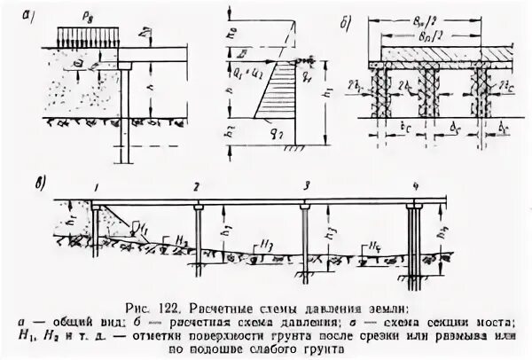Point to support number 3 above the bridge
click(305, 188)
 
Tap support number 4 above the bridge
click(415, 188)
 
